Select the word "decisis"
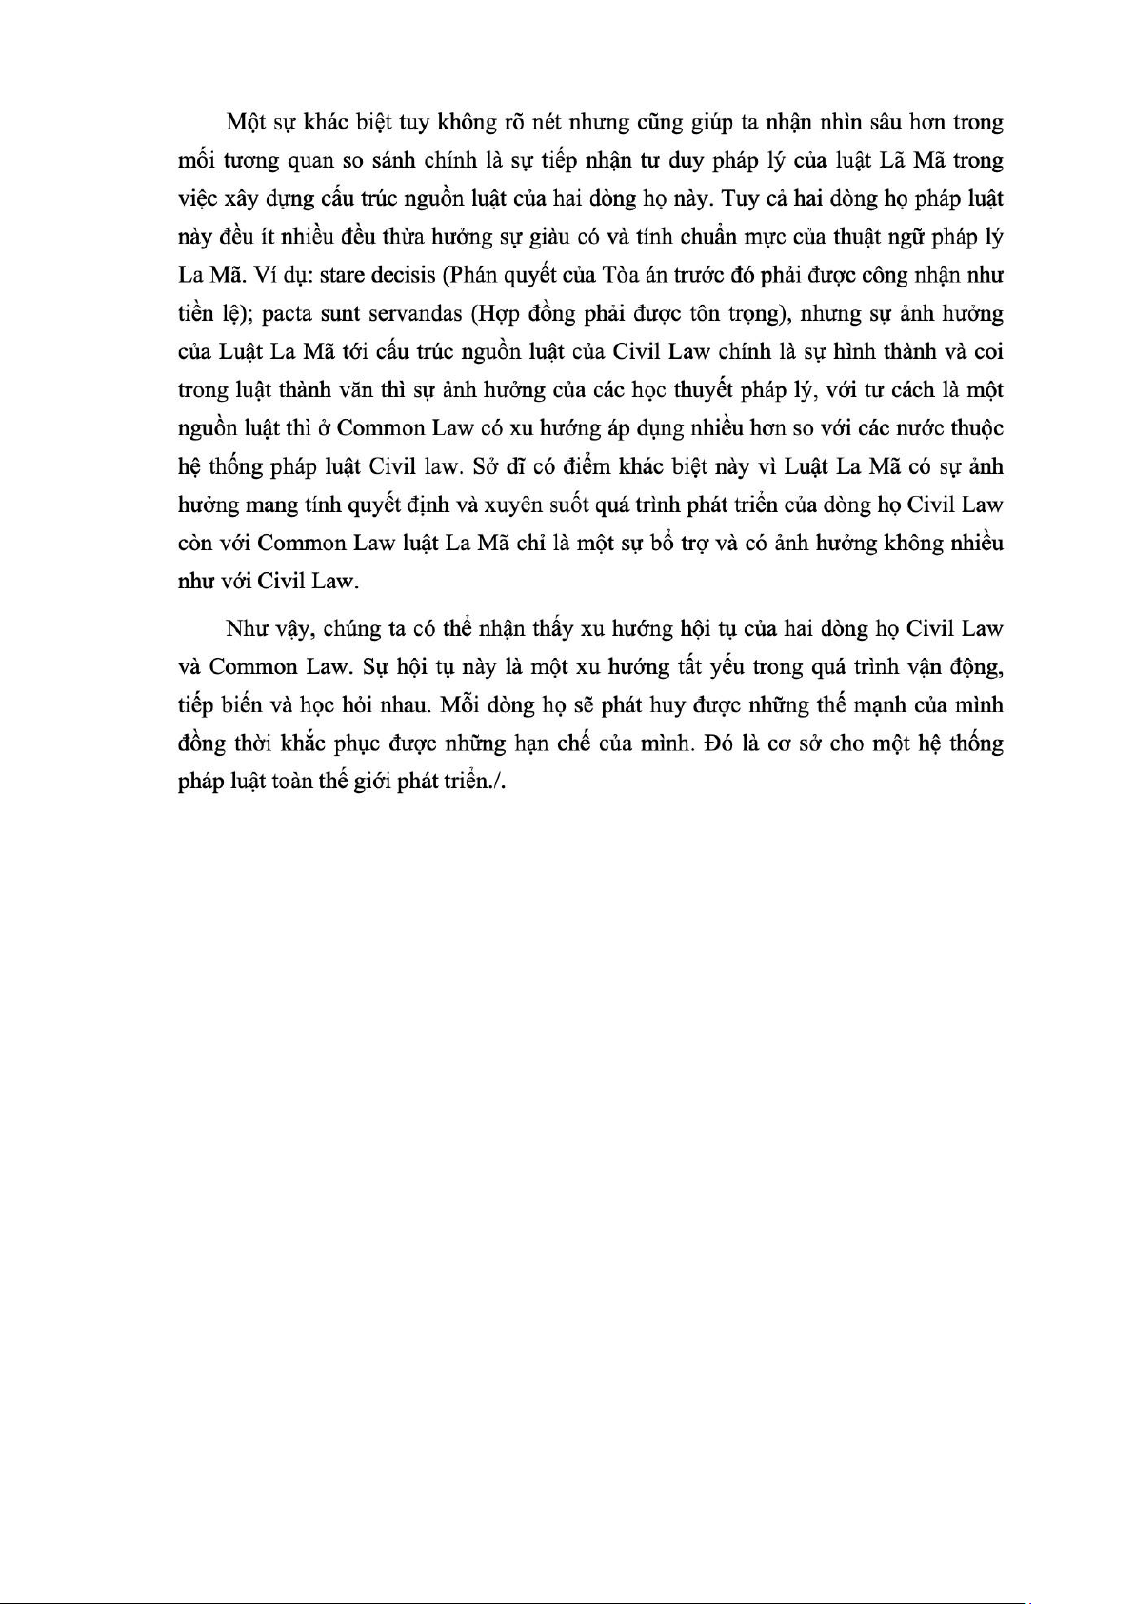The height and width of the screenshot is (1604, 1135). tap(400, 276)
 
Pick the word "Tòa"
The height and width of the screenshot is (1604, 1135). tap(621, 276)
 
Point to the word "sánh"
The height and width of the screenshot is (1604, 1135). tap(393, 161)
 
